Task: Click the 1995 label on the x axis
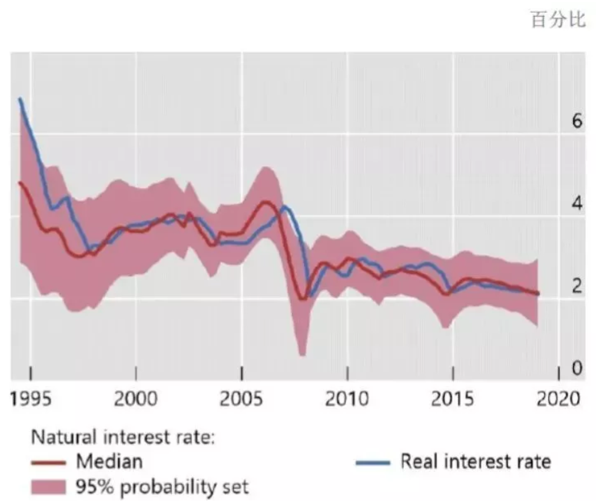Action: [30, 398]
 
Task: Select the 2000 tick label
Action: [135, 398]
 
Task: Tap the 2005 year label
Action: [241, 398]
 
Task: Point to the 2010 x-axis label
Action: [347, 398]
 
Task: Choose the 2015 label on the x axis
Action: [452, 398]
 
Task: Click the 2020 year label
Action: [558, 398]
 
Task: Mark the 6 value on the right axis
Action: [577, 121]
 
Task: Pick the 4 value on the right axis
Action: [577, 203]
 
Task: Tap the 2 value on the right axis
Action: [577, 286]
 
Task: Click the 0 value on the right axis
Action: [577, 368]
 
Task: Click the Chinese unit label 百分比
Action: [558, 20]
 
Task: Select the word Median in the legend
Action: [109, 461]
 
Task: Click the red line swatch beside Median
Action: [48, 462]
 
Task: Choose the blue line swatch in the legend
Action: [373, 462]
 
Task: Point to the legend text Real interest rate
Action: [476, 461]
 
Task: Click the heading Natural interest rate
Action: [123, 436]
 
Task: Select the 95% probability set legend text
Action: [162, 487]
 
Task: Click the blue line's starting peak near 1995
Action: [20, 99]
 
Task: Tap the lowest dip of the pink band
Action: [302, 354]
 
